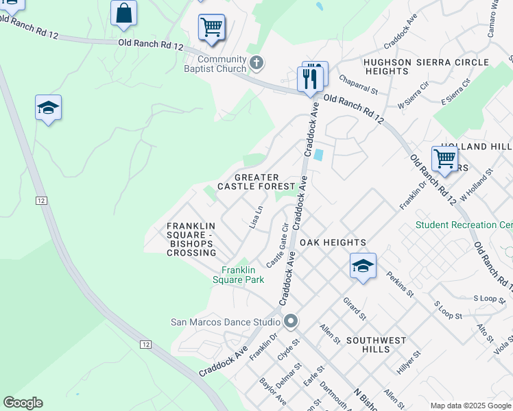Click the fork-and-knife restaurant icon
pyautogui.click(x=310, y=78)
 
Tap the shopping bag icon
pyautogui.click(x=123, y=14)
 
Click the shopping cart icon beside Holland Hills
pyautogui.click(x=444, y=158)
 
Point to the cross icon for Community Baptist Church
pyautogui.click(x=256, y=64)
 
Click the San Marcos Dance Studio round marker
pyautogui.click(x=291, y=321)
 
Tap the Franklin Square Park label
pyautogui.click(x=243, y=275)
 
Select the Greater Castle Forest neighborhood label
pyautogui.click(x=256, y=182)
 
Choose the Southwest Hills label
pyautogui.click(x=377, y=345)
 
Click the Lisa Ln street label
pyautogui.click(x=256, y=218)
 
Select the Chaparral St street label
pyautogui.click(x=358, y=85)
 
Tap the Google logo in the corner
pyautogui.click(x=23, y=403)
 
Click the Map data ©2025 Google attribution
pyautogui.click(x=470, y=406)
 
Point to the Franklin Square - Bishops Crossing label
pyautogui.click(x=191, y=239)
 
